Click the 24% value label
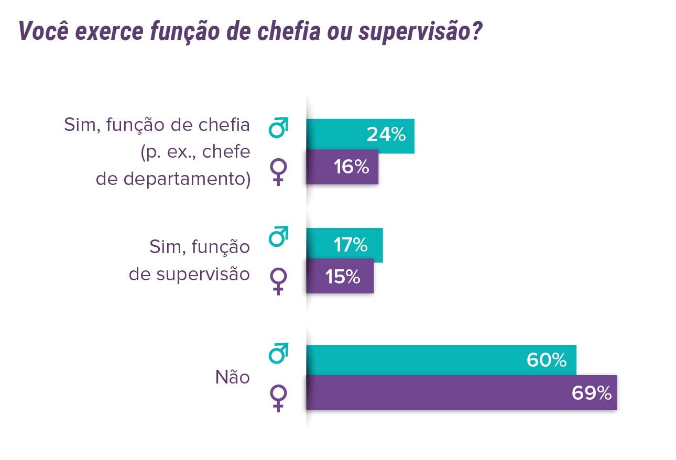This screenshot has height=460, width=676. click(x=386, y=135)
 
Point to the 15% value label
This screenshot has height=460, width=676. click(x=343, y=276)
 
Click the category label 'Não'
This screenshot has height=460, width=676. click(x=233, y=377)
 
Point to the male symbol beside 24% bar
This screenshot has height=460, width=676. click(x=278, y=128)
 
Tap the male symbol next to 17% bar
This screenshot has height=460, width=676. click(x=278, y=237)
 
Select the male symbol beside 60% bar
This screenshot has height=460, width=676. click(x=278, y=354)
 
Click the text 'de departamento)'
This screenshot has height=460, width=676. click(x=173, y=179)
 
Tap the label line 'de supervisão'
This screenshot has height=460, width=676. click(x=189, y=274)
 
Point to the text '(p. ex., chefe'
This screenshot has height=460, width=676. click(x=194, y=152)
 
